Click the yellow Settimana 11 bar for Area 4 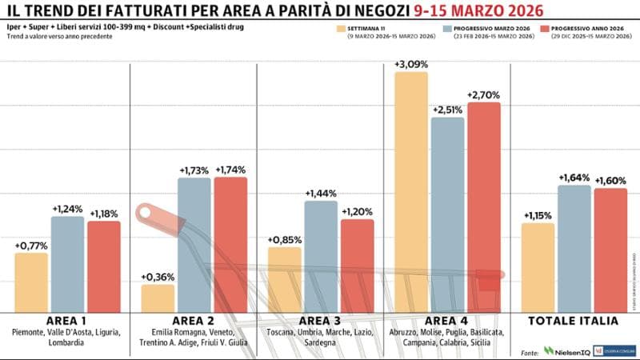pyautogui.click(x=410, y=192)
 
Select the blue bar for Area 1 pyautogui.click(x=67, y=264)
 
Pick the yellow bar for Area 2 pyautogui.click(x=158, y=298)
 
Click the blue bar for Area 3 pyautogui.click(x=321, y=256)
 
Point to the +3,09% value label pyautogui.click(x=410, y=63)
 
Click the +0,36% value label pyautogui.click(x=158, y=277)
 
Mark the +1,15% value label pyautogui.click(x=538, y=215)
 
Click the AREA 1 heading pyautogui.click(x=67, y=321)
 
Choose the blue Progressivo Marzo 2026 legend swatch pyautogui.click(x=444, y=28)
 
